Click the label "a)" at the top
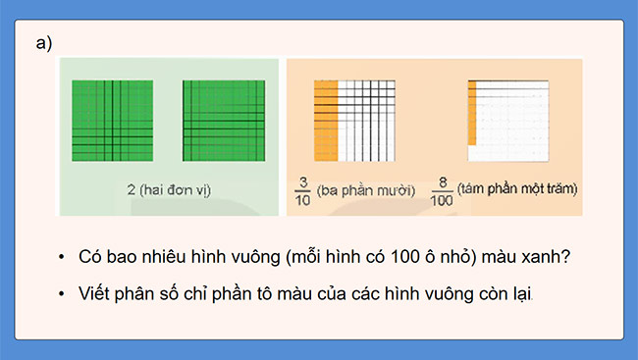click(43, 43)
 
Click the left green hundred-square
click(112, 120)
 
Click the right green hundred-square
click(223, 120)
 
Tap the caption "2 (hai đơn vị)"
click(169, 186)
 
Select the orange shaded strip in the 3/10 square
click(325, 120)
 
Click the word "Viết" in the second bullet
click(94, 293)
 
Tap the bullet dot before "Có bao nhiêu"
click(62, 257)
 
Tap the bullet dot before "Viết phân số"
click(62, 293)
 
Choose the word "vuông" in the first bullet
click(232, 257)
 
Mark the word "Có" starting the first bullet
click(90, 257)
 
